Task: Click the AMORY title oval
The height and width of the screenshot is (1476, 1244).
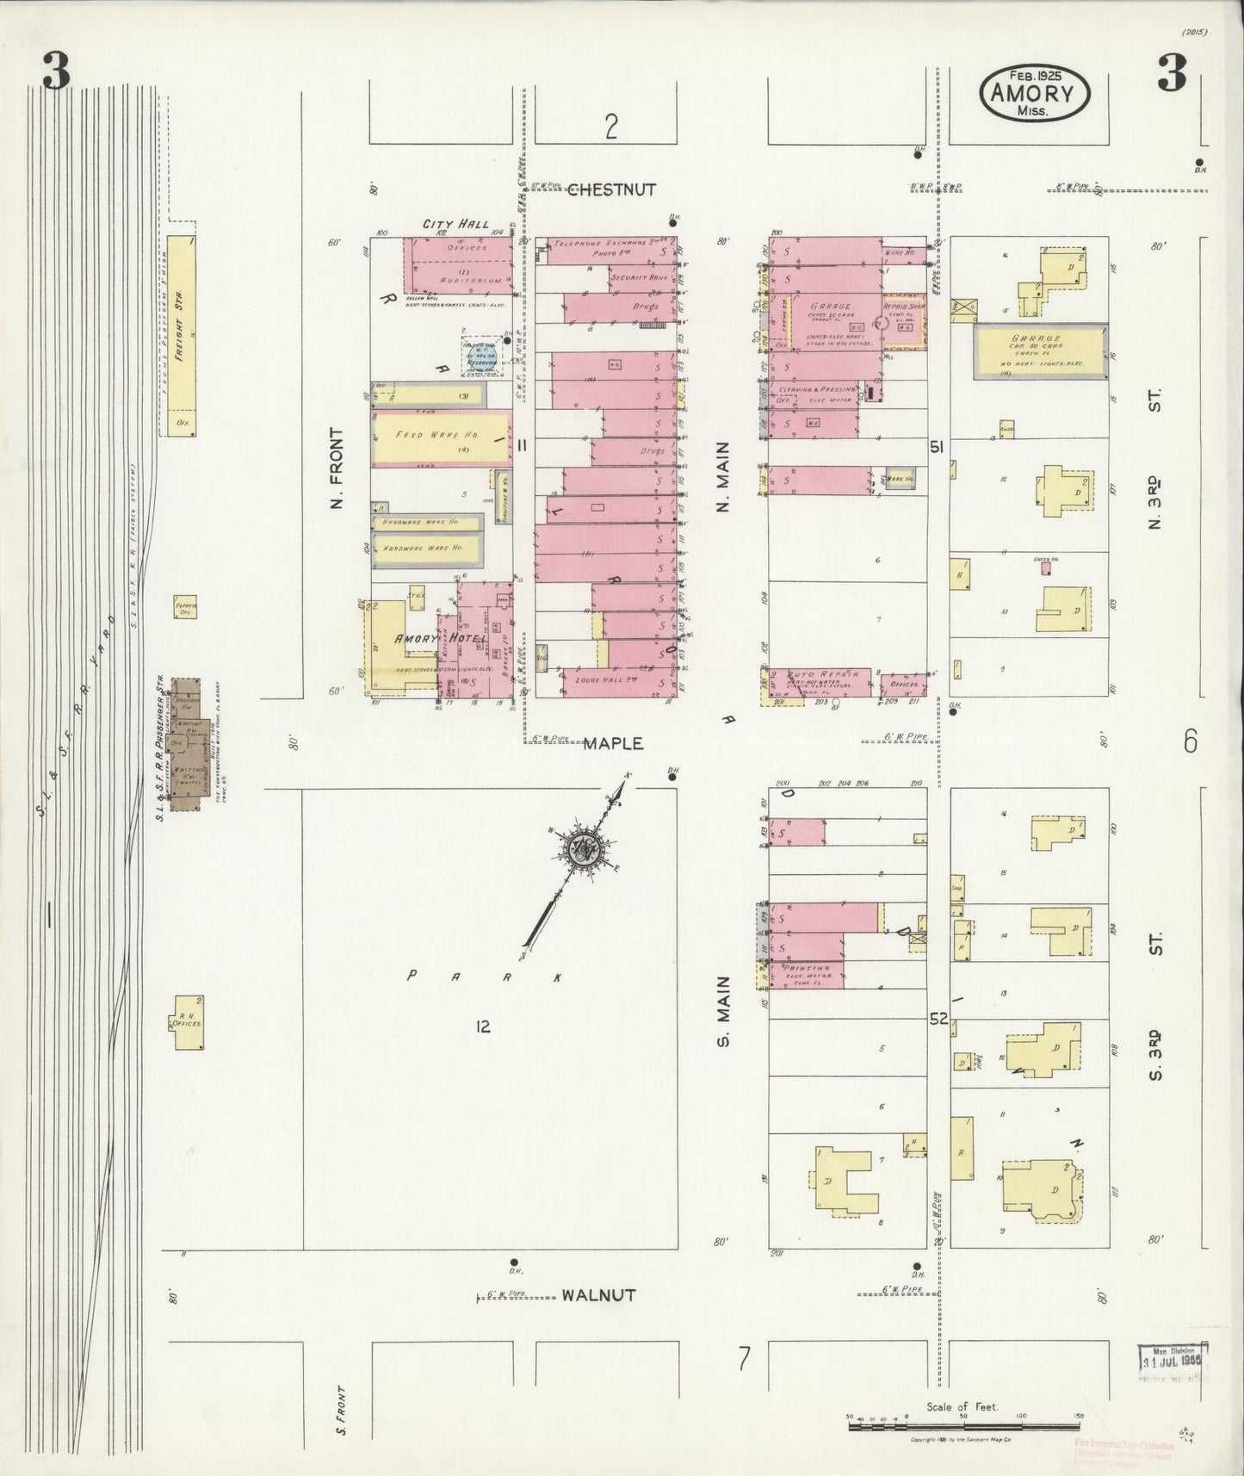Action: pos(1034,93)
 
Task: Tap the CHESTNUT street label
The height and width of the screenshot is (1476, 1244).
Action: pos(611,189)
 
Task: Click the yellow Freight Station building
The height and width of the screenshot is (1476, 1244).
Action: pos(182,336)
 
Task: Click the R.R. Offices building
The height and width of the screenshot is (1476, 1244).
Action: pos(187,1021)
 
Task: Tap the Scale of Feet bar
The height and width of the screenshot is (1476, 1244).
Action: pos(963,1426)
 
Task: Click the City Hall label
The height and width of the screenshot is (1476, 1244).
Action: pos(455,224)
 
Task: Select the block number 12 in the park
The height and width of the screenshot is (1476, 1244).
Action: pos(482,1026)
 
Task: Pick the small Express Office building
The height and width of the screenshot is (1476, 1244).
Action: pos(185,607)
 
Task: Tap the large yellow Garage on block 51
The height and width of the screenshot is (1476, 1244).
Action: pos(1040,350)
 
